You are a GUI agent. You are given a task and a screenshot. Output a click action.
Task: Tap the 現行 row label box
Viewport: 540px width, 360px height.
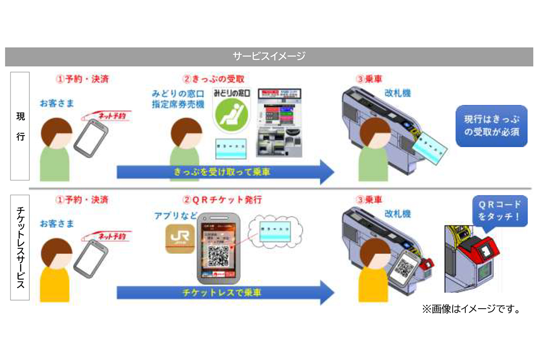click(20, 126)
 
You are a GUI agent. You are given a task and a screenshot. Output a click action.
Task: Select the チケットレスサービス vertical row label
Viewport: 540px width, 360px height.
click(20, 247)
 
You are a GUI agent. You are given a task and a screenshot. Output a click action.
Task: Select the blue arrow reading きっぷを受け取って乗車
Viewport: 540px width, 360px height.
click(225, 171)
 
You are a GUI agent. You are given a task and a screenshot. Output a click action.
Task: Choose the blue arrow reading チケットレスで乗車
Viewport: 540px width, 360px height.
click(225, 292)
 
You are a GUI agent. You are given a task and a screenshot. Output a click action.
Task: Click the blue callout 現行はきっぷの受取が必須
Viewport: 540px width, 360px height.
click(491, 126)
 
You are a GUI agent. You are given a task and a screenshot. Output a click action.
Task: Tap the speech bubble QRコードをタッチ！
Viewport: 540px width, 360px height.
click(499, 210)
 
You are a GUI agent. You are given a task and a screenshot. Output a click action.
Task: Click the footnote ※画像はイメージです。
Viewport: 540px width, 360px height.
click(471, 310)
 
